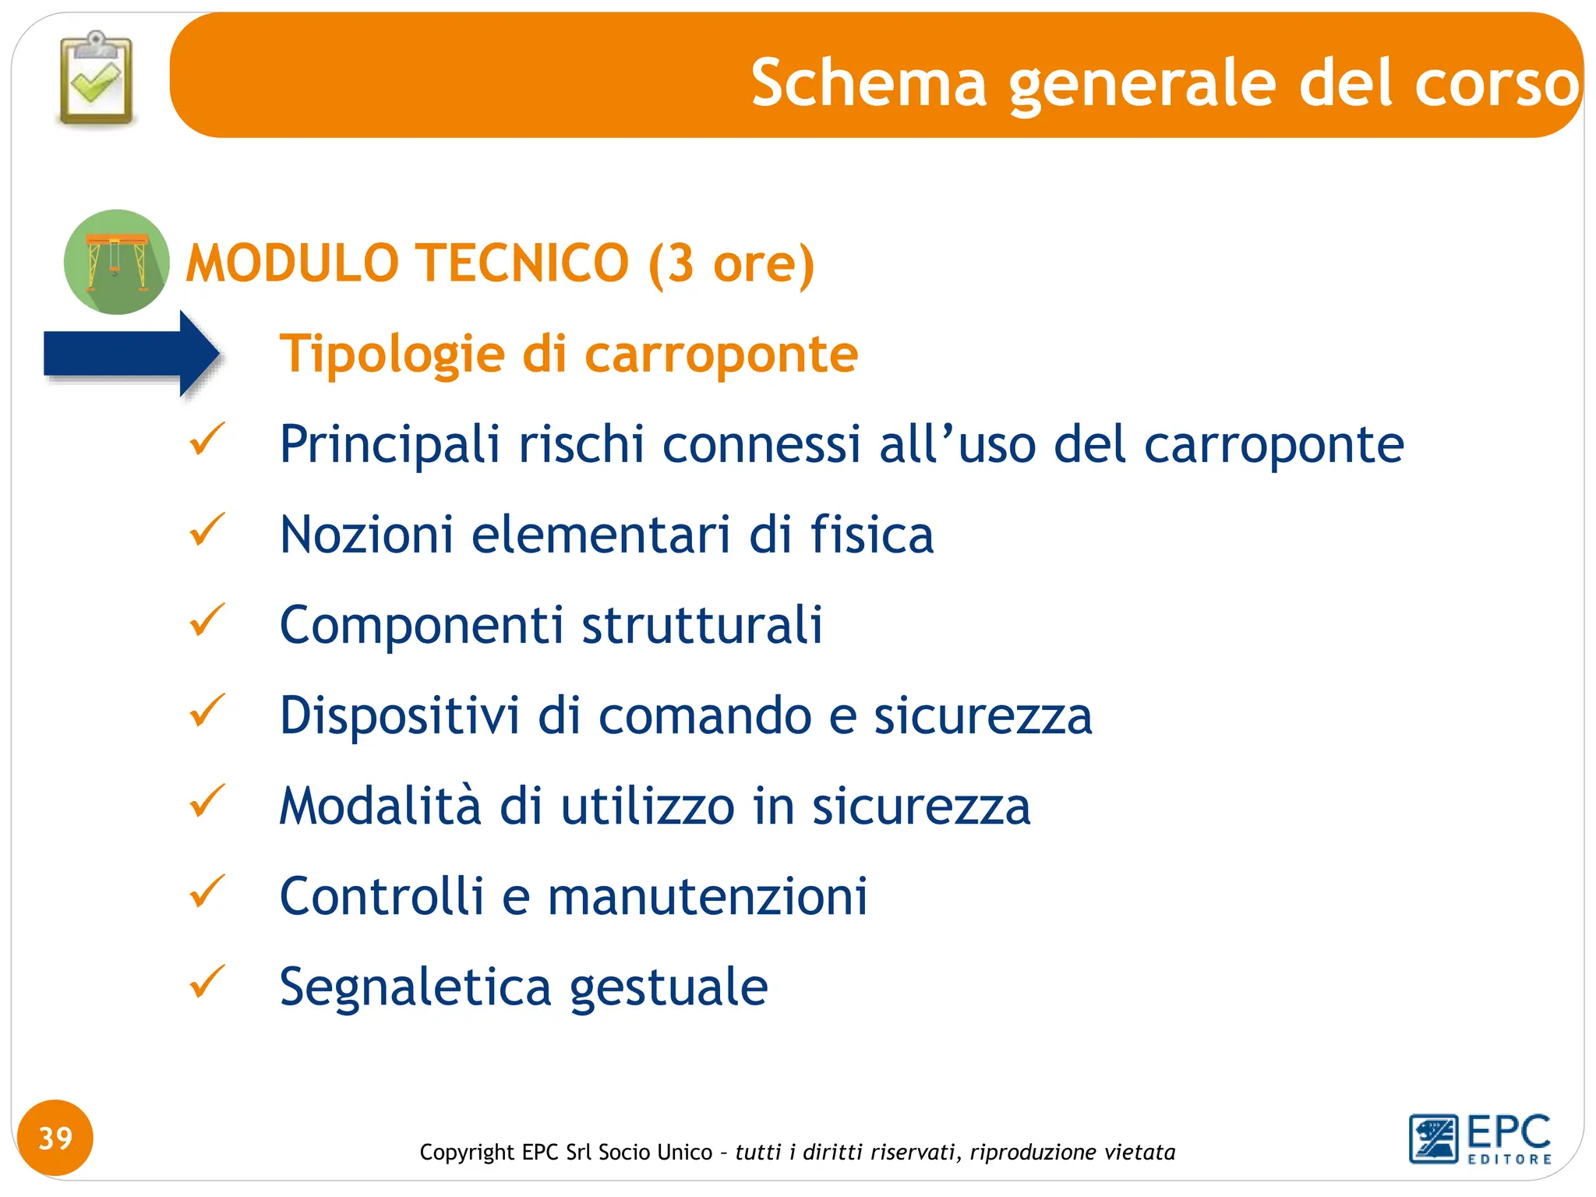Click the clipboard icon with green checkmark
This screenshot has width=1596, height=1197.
point(97,79)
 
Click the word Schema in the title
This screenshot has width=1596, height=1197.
point(868,83)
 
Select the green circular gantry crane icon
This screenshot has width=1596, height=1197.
point(117,262)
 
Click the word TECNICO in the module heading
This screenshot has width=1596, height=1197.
point(521,263)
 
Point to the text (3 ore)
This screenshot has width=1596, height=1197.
point(731,263)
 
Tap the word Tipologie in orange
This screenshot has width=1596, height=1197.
point(392,355)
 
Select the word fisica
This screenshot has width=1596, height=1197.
point(871,535)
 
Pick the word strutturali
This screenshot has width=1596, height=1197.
point(701,625)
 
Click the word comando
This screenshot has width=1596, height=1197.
point(704,716)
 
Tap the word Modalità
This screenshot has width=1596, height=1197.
point(380,806)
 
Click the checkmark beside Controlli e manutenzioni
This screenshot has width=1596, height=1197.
point(207,892)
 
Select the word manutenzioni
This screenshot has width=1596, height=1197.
point(707,897)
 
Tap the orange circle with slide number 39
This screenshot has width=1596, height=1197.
point(55,1138)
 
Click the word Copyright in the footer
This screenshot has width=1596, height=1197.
point(467,1152)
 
